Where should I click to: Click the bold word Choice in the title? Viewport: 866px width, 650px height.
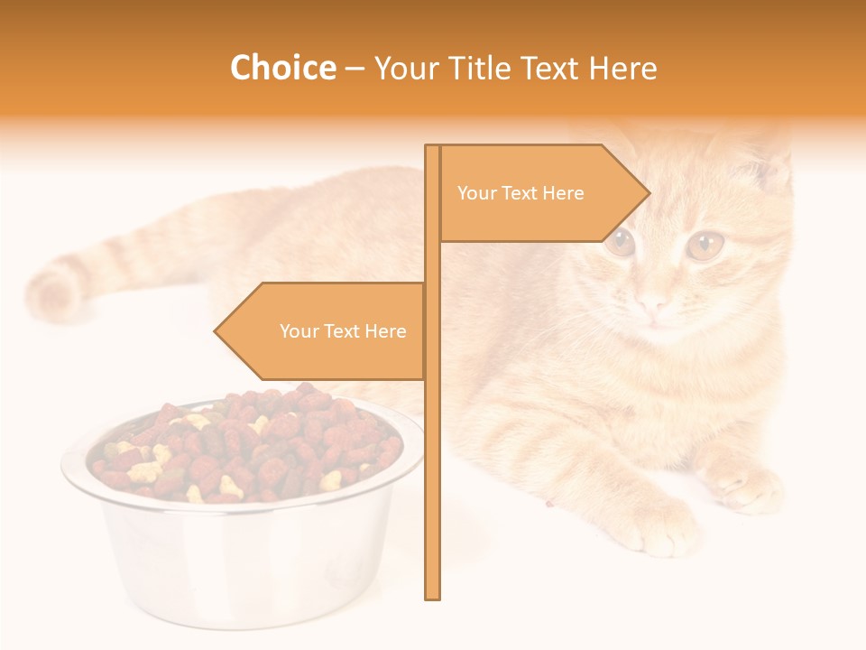282,68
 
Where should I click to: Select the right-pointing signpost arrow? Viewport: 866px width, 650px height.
541,193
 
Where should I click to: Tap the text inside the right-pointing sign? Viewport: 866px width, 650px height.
521,193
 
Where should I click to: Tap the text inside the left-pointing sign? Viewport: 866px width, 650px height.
343,331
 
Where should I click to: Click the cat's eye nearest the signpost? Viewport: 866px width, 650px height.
620,242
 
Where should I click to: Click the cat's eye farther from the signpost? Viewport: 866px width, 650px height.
705,244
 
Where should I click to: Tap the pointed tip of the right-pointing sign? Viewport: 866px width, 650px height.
648,193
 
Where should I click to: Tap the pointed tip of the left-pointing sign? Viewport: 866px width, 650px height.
216,331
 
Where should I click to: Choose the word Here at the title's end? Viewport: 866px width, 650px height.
622,68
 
